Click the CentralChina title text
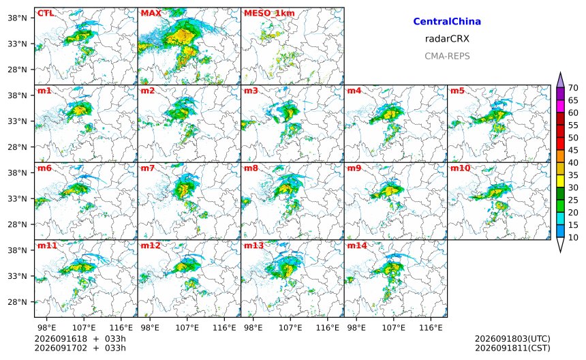[447, 21]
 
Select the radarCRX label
[447, 39]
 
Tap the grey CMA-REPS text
[447, 56]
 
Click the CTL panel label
[45, 14]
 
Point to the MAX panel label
[151, 14]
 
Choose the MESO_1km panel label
[269, 14]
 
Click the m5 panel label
[457, 91]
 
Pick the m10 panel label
[460, 168]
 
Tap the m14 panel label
[357, 245]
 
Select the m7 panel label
[148, 168]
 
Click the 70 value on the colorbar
[573, 88]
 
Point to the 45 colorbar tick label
[573, 150]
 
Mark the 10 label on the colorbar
[573, 237]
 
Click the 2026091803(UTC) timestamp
[512, 339]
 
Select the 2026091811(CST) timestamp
[512, 348]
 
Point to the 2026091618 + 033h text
[80, 339]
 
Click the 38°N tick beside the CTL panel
[18, 18]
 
